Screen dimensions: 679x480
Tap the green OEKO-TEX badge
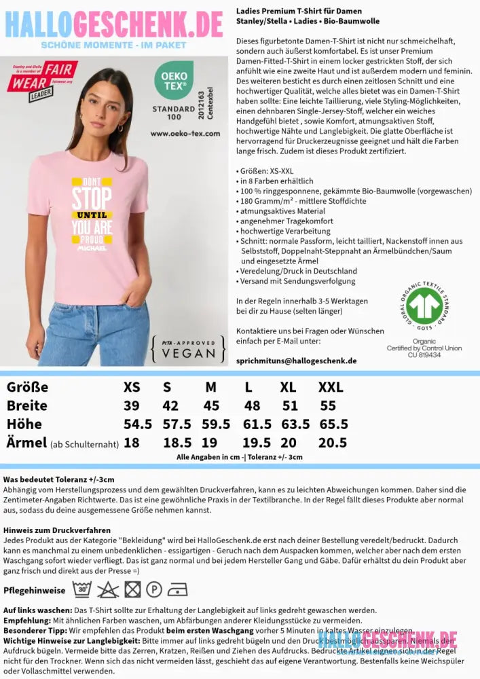click(x=174, y=80)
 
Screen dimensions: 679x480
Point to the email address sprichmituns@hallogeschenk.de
click(x=296, y=361)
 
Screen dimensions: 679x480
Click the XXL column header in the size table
click(x=331, y=388)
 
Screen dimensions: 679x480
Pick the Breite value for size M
click(x=211, y=406)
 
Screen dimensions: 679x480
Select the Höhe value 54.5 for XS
click(x=138, y=424)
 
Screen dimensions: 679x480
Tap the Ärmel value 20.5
click(x=333, y=443)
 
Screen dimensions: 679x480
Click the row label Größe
click(x=27, y=388)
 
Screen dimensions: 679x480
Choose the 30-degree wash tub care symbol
click(x=83, y=589)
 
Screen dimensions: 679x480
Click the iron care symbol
click(x=177, y=589)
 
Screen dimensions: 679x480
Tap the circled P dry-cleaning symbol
click(x=154, y=589)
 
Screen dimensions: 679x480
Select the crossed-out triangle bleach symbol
click(x=107, y=589)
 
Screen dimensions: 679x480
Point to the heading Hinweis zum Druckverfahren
click(x=57, y=530)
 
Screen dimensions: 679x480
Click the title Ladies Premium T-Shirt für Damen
click(x=299, y=12)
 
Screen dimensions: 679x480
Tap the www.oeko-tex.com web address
click(x=185, y=133)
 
